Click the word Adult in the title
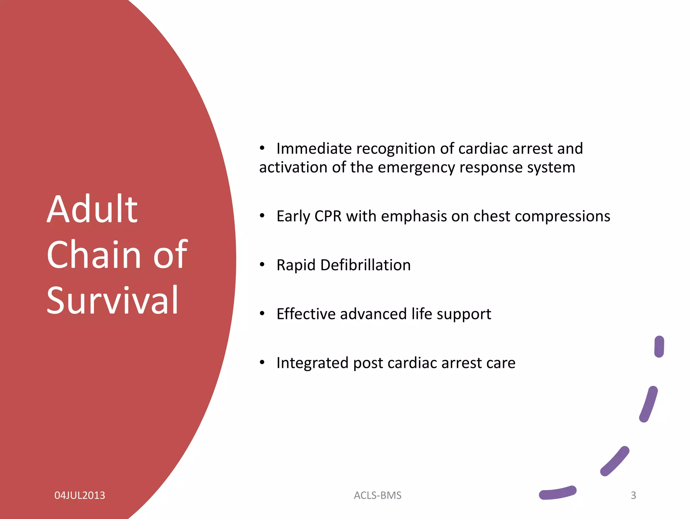(x=92, y=209)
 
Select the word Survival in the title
(x=112, y=300)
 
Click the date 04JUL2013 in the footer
(x=80, y=495)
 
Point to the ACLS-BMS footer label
(x=378, y=495)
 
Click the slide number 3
(x=633, y=495)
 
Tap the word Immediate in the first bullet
(x=314, y=149)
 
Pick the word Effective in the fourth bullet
(x=306, y=314)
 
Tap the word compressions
(x=562, y=216)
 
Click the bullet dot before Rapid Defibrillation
(x=262, y=265)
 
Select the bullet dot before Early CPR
(x=262, y=216)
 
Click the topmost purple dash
(x=659, y=346)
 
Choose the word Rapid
(x=296, y=265)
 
